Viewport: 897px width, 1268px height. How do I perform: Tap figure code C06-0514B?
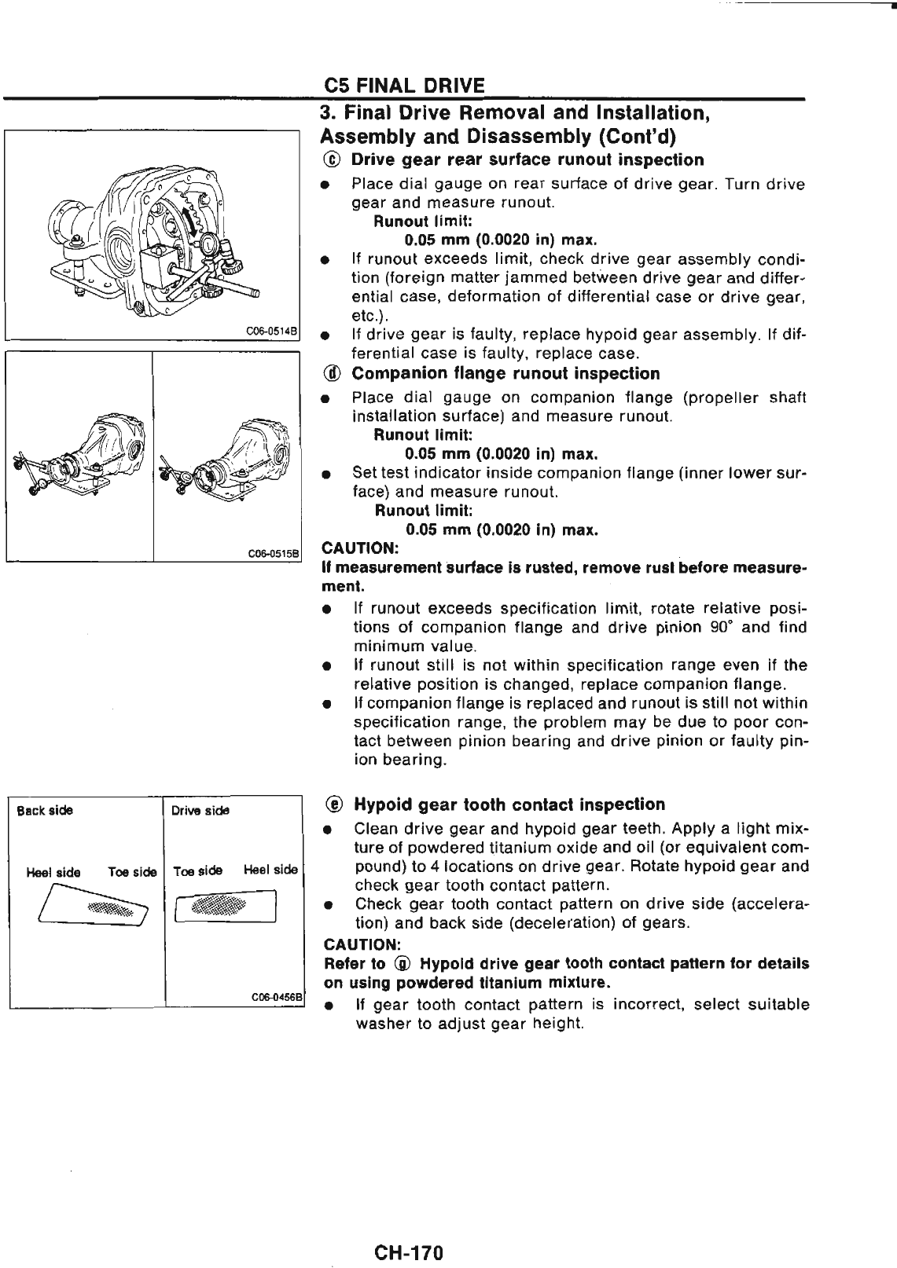coord(272,332)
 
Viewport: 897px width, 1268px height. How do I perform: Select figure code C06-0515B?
coord(272,553)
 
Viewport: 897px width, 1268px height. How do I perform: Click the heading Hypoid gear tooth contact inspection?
coord(509,804)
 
